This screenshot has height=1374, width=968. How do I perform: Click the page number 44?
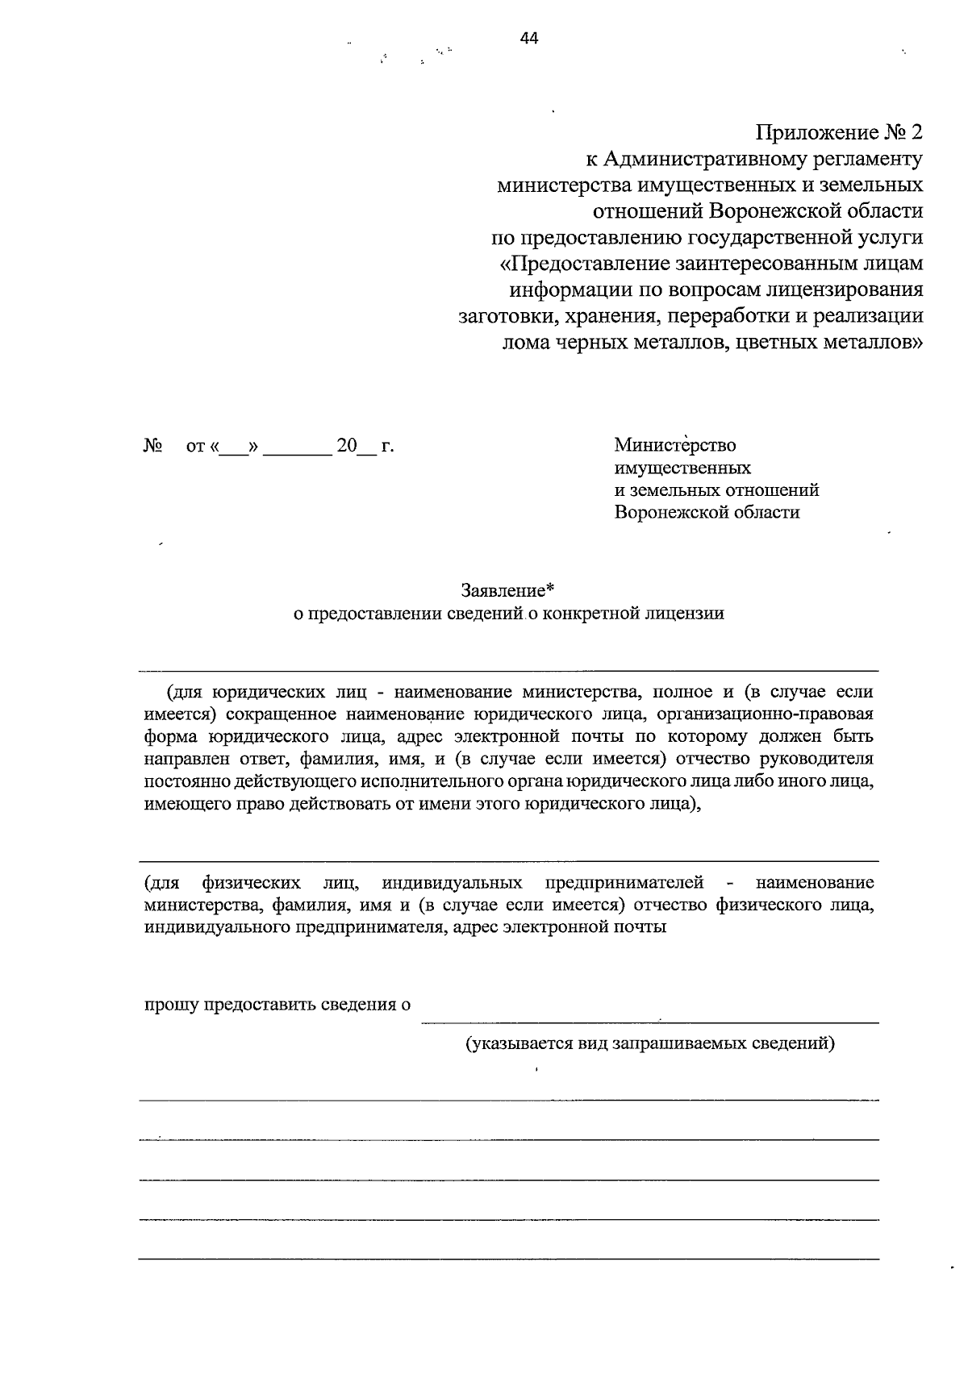(529, 38)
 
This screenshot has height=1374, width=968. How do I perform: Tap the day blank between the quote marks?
(234, 448)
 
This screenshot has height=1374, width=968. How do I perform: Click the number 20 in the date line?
(347, 445)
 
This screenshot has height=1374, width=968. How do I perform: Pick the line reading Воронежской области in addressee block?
(707, 512)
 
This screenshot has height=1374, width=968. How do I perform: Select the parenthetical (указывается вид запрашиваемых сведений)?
(649, 1044)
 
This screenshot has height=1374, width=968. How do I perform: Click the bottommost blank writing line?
(508, 1259)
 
